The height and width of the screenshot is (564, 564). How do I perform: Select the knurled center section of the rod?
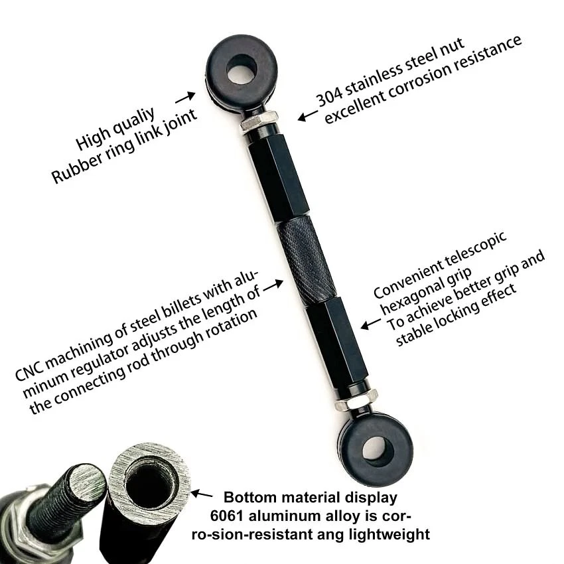(x=306, y=258)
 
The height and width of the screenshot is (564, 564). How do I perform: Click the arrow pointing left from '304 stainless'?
(x=307, y=116)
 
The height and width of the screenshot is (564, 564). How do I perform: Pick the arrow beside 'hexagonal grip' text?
(x=369, y=324)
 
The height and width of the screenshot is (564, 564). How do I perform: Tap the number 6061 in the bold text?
(x=226, y=516)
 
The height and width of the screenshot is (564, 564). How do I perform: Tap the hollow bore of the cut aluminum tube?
(x=147, y=485)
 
